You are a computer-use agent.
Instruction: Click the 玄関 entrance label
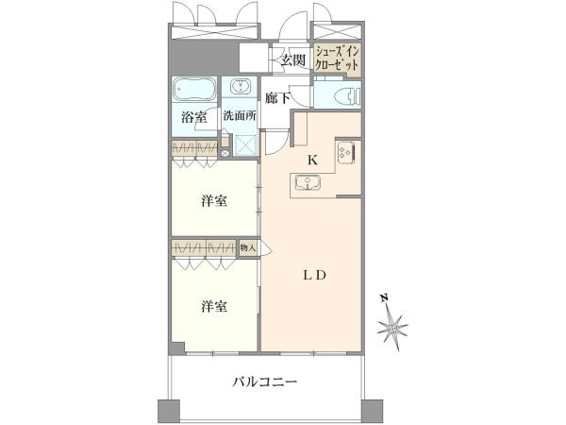tap(293, 60)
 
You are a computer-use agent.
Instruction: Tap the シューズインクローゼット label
tap(337, 59)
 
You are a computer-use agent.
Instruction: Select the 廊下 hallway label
tap(277, 97)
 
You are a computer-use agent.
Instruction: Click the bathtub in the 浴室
tap(194, 89)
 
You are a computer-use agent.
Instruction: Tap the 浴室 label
tap(193, 117)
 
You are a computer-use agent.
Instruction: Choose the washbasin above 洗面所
tap(239, 87)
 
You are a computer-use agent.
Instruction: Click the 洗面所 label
tap(240, 115)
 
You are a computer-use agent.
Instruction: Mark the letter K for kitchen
tap(312, 160)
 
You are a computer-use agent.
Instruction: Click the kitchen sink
tap(308, 182)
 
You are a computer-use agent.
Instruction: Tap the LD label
tap(314, 276)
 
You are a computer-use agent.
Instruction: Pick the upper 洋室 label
tap(214, 201)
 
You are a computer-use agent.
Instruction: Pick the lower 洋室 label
tap(214, 306)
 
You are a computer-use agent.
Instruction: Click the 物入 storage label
tap(248, 247)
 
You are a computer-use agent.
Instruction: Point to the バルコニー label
tap(264, 382)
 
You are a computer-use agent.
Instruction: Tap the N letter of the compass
tap(385, 298)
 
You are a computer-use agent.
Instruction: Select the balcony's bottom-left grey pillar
tap(169, 410)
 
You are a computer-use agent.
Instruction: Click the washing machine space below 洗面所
tap(245, 145)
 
